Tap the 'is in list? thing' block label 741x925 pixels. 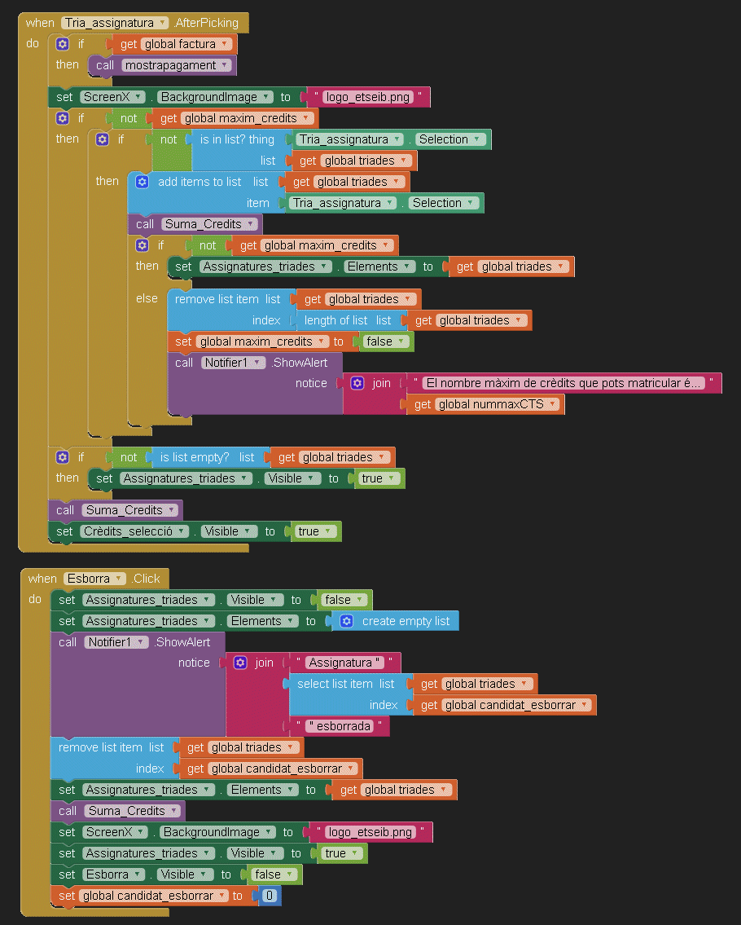coord(237,139)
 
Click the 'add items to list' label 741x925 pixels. coord(199,182)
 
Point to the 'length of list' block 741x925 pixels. coord(335,320)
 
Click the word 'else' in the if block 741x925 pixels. coord(147,298)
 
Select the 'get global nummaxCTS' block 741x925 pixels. coord(486,404)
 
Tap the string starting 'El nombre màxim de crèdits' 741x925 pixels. coord(564,383)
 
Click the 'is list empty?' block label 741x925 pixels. coord(195,457)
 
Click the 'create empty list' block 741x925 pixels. coord(406,621)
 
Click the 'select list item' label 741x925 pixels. coord(335,684)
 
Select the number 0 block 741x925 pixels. coord(269,896)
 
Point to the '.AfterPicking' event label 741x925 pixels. coord(208,23)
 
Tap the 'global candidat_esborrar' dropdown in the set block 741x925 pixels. coord(154,896)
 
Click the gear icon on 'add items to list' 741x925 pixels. coord(142,182)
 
